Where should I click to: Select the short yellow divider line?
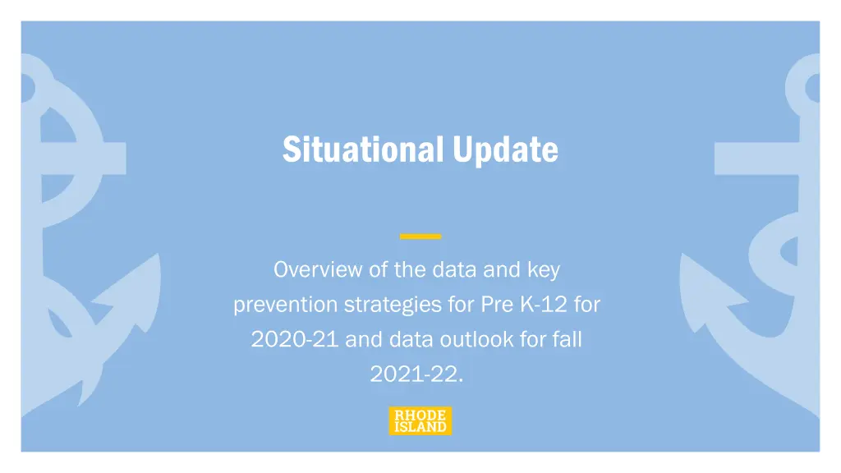coord(420,236)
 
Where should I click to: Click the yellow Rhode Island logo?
coord(420,421)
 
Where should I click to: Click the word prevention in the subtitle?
coord(286,305)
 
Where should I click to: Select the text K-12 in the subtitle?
coord(543,305)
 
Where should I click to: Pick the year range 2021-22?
coord(416,374)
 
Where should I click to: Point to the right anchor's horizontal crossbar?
coord(756,158)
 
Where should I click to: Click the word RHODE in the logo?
coord(420,415)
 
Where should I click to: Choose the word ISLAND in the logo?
coord(420,427)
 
